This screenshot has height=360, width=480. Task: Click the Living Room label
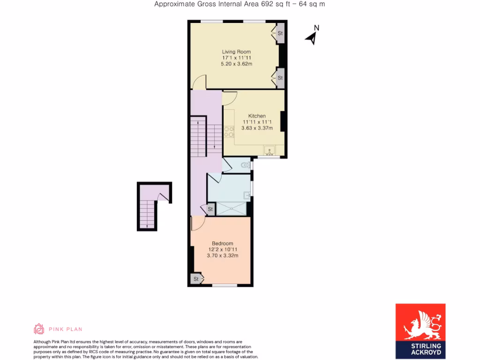pos(236,52)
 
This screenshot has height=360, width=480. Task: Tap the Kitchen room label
pos(257,116)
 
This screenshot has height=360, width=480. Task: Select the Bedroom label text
pos(222,243)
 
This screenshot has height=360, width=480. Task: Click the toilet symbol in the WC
pos(245,165)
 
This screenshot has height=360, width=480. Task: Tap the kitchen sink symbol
pos(270,150)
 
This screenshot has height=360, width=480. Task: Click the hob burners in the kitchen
pos(229,132)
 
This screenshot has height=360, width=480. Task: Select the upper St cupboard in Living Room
pos(280,34)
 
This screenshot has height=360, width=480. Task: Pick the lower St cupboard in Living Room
pos(280,78)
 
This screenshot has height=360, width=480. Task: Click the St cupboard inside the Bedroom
pos(196,279)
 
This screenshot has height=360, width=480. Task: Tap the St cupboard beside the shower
pos(210,209)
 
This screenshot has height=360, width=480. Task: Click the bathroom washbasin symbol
pos(247,195)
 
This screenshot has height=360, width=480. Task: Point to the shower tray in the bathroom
pos(231,209)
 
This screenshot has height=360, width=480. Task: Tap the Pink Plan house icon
pos(39,329)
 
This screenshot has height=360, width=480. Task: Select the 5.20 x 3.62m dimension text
pos(236,64)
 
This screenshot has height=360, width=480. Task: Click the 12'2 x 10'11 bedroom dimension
pos(222,249)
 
